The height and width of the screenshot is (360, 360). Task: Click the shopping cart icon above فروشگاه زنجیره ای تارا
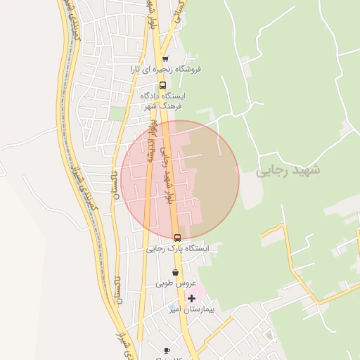[165, 59]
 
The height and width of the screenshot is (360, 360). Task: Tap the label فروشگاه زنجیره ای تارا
[166, 69]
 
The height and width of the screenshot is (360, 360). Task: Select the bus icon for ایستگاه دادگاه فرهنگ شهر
[163, 85]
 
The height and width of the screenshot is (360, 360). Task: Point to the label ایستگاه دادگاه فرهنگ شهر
[163, 100]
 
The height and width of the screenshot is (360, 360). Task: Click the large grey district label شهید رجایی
[288, 171]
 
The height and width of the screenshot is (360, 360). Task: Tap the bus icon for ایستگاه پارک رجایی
[177, 238]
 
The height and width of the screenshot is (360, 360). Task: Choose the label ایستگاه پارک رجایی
[177, 248]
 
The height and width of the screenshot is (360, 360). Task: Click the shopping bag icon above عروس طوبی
[175, 273]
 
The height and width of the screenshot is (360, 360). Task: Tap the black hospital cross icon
[191, 299]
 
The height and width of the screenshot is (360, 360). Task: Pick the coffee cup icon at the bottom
[167, 350]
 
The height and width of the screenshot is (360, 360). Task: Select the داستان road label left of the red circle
[116, 181]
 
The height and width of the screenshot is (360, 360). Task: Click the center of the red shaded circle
[180, 180]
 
